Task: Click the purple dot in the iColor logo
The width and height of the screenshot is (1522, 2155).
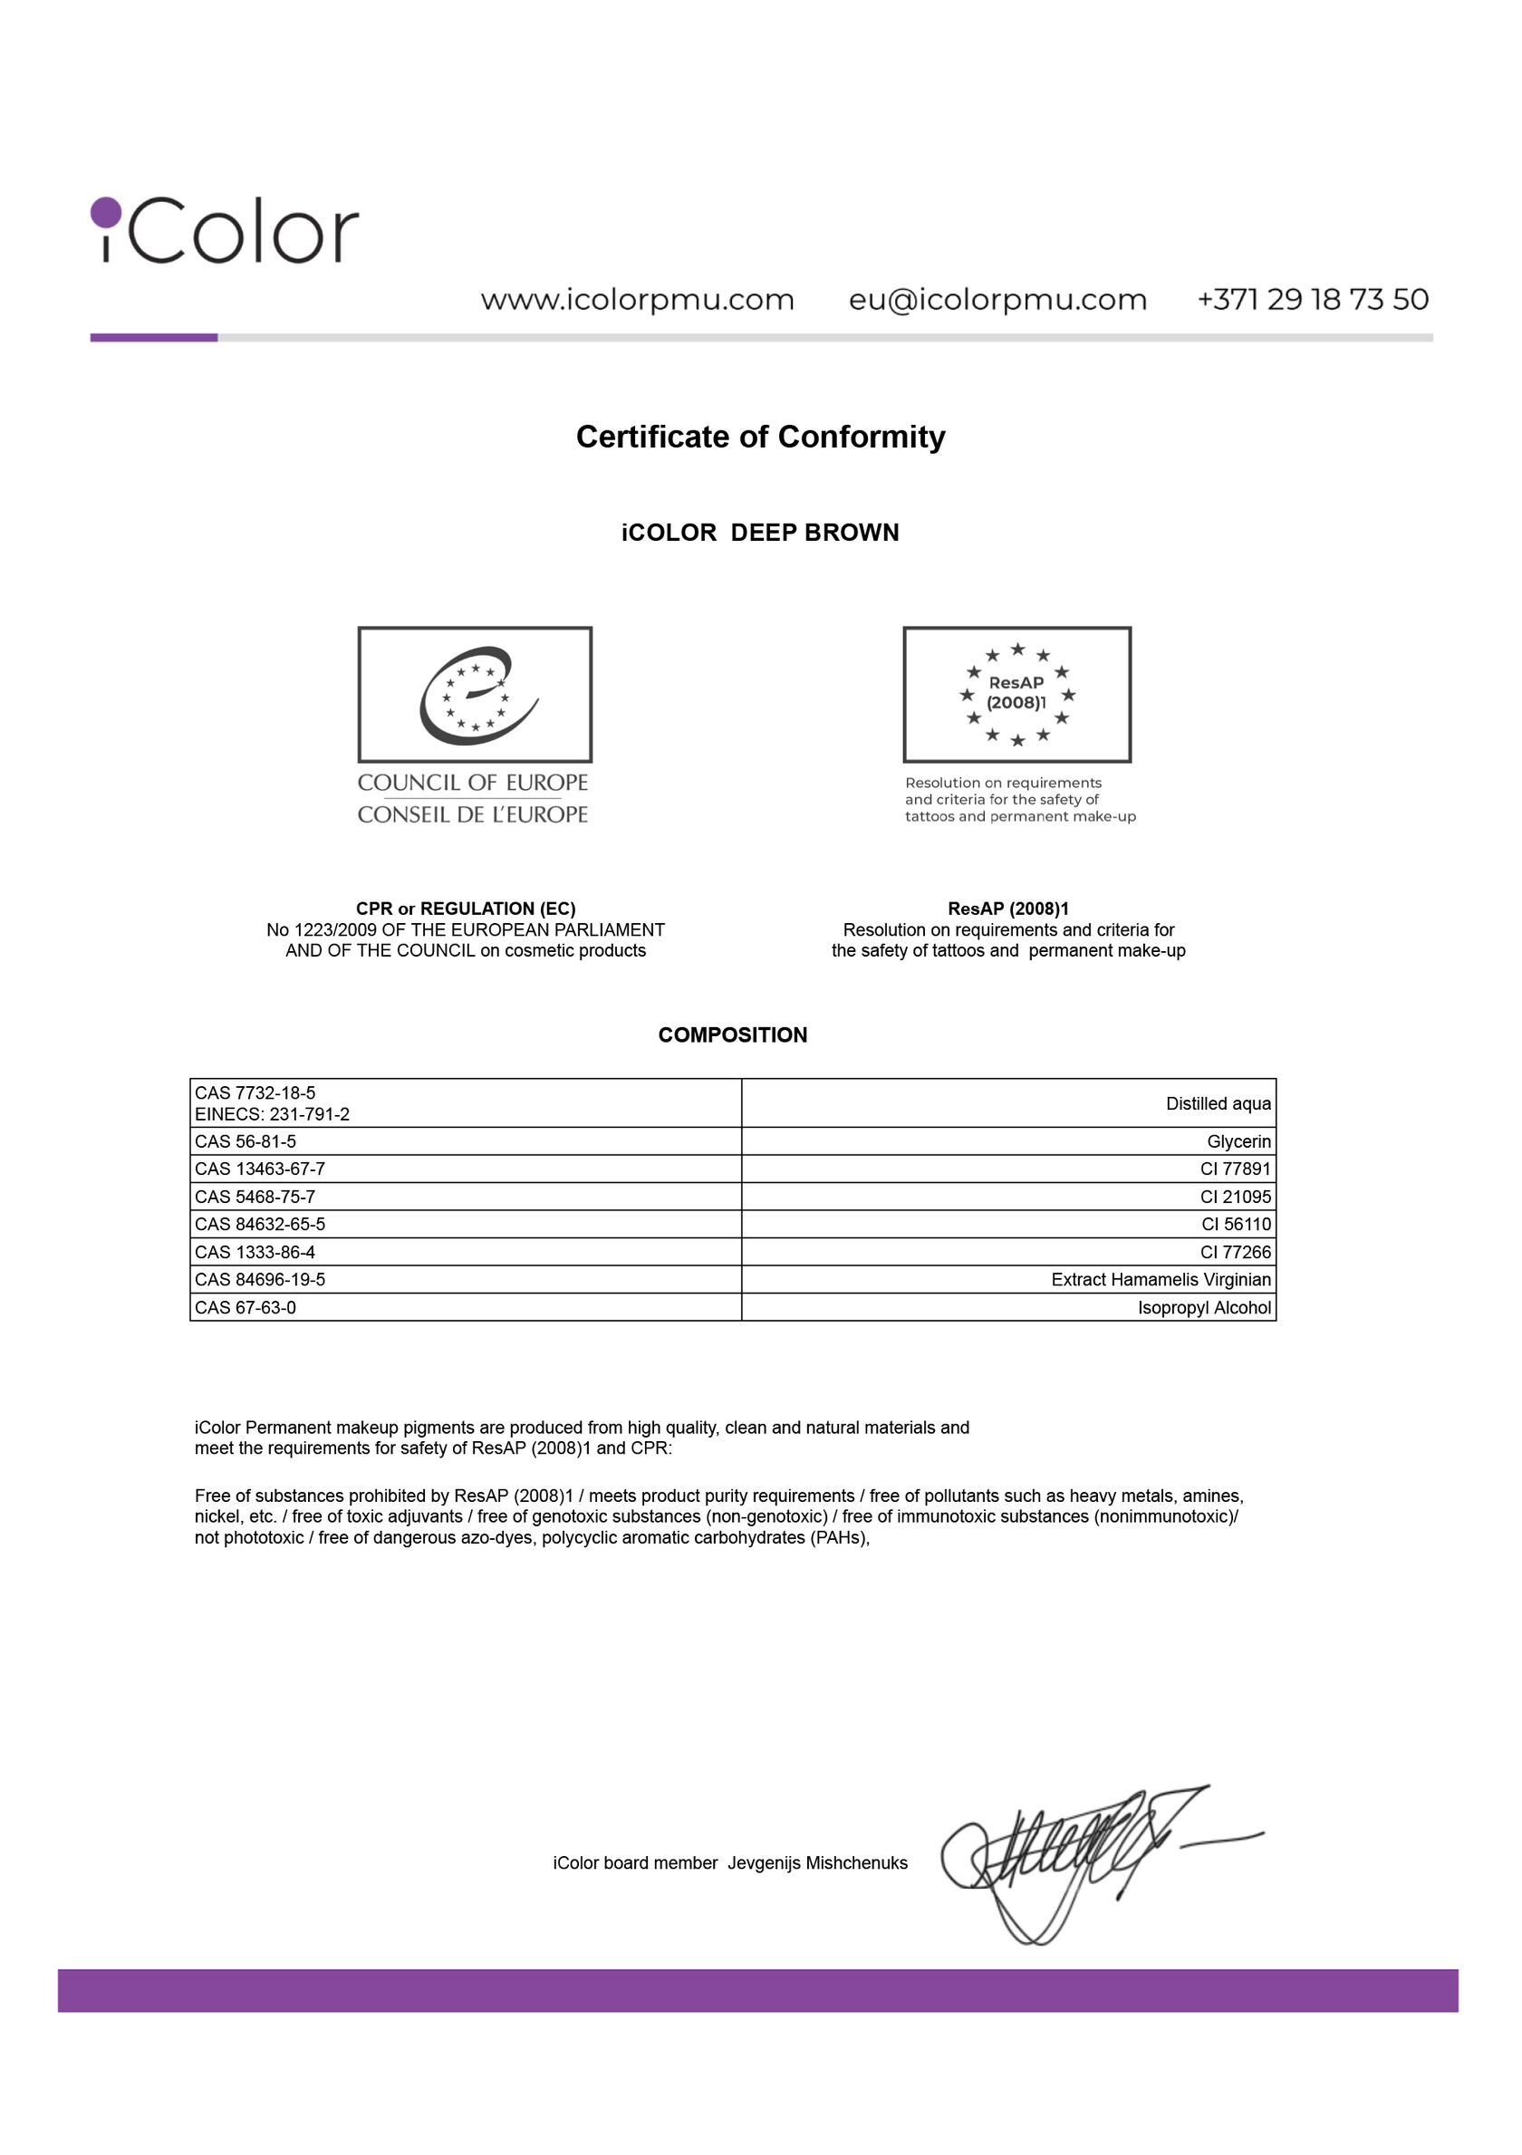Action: pyautogui.click(x=106, y=212)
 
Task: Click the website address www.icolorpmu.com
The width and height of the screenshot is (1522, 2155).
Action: pyautogui.click(x=638, y=301)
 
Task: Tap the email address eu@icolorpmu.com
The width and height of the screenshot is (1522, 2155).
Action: pyautogui.click(x=997, y=301)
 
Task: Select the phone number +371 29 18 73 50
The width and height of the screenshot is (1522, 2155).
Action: pyautogui.click(x=1312, y=300)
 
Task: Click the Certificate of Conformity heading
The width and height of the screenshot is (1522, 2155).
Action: pyautogui.click(x=760, y=438)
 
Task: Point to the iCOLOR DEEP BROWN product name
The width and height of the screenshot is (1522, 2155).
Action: pyautogui.click(x=760, y=534)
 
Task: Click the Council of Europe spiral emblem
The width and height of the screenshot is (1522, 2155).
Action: pyautogui.click(x=475, y=695)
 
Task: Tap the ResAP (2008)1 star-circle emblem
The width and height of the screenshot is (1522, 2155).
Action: pyautogui.click(x=1016, y=695)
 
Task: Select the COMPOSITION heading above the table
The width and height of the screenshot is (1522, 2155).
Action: pyautogui.click(x=732, y=1035)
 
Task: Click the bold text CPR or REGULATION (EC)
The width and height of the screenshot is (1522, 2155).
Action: pyautogui.click(x=466, y=909)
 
